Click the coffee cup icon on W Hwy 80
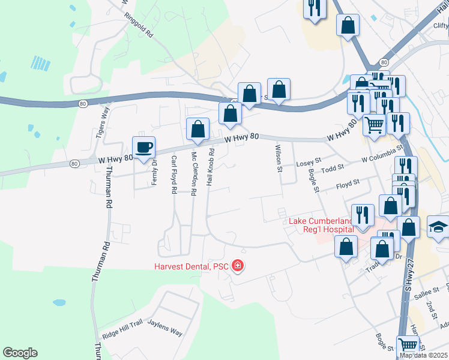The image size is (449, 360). click(144, 147)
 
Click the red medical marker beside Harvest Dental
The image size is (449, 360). click(238, 265)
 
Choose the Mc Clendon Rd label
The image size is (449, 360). click(194, 174)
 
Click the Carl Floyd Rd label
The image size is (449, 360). click(174, 175)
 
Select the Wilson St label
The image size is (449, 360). click(279, 158)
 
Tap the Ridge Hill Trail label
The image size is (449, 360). click(122, 332)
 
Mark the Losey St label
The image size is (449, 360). click(309, 163)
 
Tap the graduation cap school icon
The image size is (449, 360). click(438, 226)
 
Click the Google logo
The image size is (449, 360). click(20, 353)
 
